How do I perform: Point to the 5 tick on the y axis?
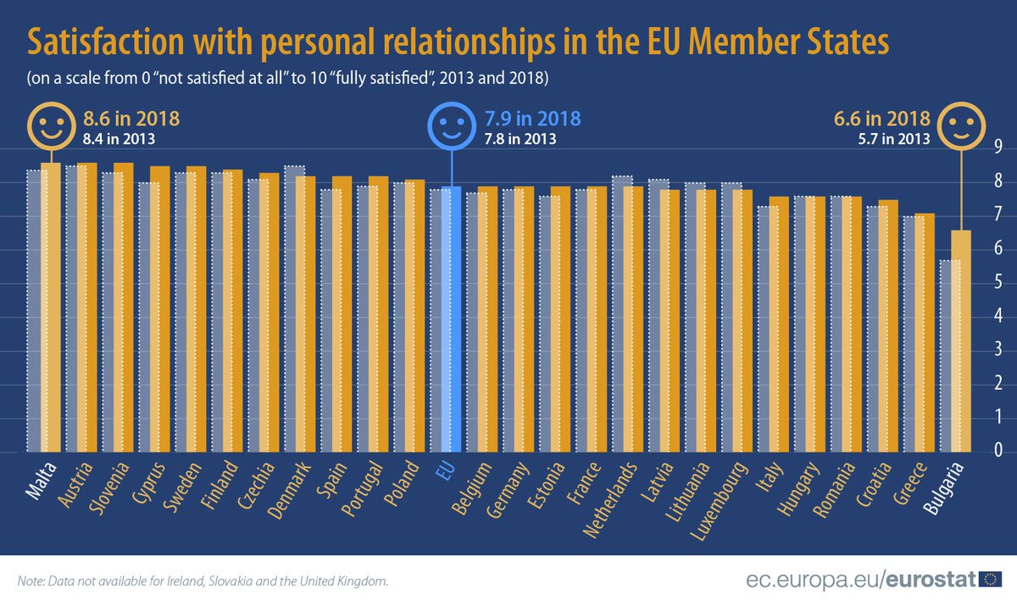point(998,283)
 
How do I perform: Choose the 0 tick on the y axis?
point(998,452)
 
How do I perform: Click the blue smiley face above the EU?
point(451,127)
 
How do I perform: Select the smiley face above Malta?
point(50,127)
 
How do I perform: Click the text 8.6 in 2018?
point(132,119)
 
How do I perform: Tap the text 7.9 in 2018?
point(531,119)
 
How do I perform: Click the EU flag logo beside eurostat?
point(989,580)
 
